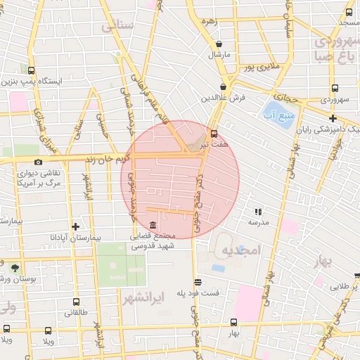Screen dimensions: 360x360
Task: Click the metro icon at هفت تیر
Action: pyautogui.click(x=214, y=134)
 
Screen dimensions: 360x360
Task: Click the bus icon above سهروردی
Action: pyautogui.click(x=335, y=89)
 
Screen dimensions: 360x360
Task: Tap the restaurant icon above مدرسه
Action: pyautogui.click(x=257, y=210)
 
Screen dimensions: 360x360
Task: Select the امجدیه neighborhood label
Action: pyautogui.click(x=240, y=250)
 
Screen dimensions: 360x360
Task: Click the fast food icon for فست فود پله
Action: pyautogui.click(x=198, y=282)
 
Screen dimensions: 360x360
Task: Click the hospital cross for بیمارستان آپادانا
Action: pyautogui.click(x=75, y=226)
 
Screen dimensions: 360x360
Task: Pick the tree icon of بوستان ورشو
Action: pyautogui.click(x=15, y=267)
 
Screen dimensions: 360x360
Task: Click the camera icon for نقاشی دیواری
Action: pyautogui.click(x=38, y=162)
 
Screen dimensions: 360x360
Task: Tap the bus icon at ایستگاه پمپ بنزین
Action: pyautogui.click(x=31, y=70)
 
